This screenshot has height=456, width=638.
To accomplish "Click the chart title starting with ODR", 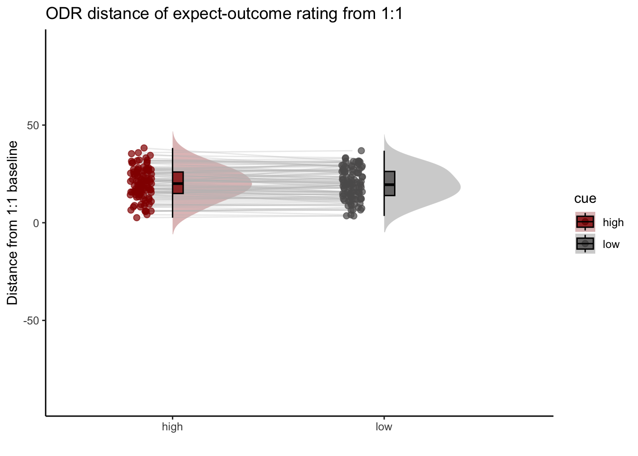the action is pyautogui.click(x=224, y=14).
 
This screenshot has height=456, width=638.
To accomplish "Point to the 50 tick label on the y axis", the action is pyautogui.click(x=33, y=125).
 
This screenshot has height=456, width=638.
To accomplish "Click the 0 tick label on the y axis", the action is pyautogui.click(x=36, y=223).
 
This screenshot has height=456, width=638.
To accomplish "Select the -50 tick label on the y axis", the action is pyautogui.click(x=31, y=321).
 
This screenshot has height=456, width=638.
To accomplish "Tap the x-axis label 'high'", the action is pyautogui.click(x=172, y=427).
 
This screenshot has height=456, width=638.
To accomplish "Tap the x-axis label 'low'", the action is pyautogui.click(x=384, y=427).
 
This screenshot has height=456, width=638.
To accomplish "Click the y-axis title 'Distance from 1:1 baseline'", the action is pyautogui.click(x=12, y=223).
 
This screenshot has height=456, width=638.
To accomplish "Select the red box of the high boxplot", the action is pyautogui.click(x=178, y=183).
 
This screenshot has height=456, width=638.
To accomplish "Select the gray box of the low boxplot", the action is pyautogui.click(x=390, y=183).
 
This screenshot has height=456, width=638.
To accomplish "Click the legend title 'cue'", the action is pyautogui.click(x=585, y=199).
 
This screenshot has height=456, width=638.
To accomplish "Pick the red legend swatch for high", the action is pyautogui.click(x=585, y=222).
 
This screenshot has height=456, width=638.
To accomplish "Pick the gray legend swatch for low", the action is pyautogui.click(x=585, y=244).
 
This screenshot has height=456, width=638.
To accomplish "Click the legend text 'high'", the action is pyautogui.click(x=613, y=222).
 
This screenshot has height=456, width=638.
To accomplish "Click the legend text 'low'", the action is pyautogui.click(x=611, y=244).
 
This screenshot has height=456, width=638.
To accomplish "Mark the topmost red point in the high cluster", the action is pyautogui.click(x=144, y=148).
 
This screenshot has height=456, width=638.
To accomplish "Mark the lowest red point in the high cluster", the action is pyautogui.click(x=137, y=218).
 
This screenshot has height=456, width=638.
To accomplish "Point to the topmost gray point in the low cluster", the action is pyautogui.click(x=361, y=151).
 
